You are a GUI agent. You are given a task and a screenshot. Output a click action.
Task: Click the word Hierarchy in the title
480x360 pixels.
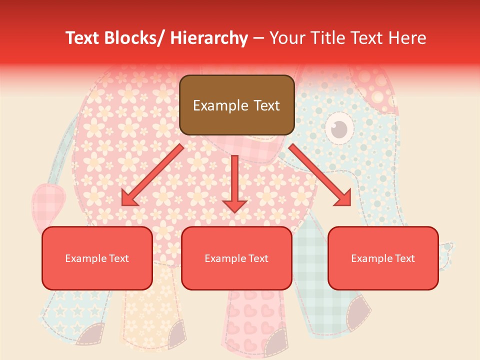point(209,38)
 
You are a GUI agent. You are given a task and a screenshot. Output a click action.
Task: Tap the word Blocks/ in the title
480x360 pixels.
point(134,38)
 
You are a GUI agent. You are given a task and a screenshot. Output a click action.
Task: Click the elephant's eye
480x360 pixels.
point(340,128)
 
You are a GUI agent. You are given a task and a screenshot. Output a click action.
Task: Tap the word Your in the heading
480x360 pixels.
point(288,38)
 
